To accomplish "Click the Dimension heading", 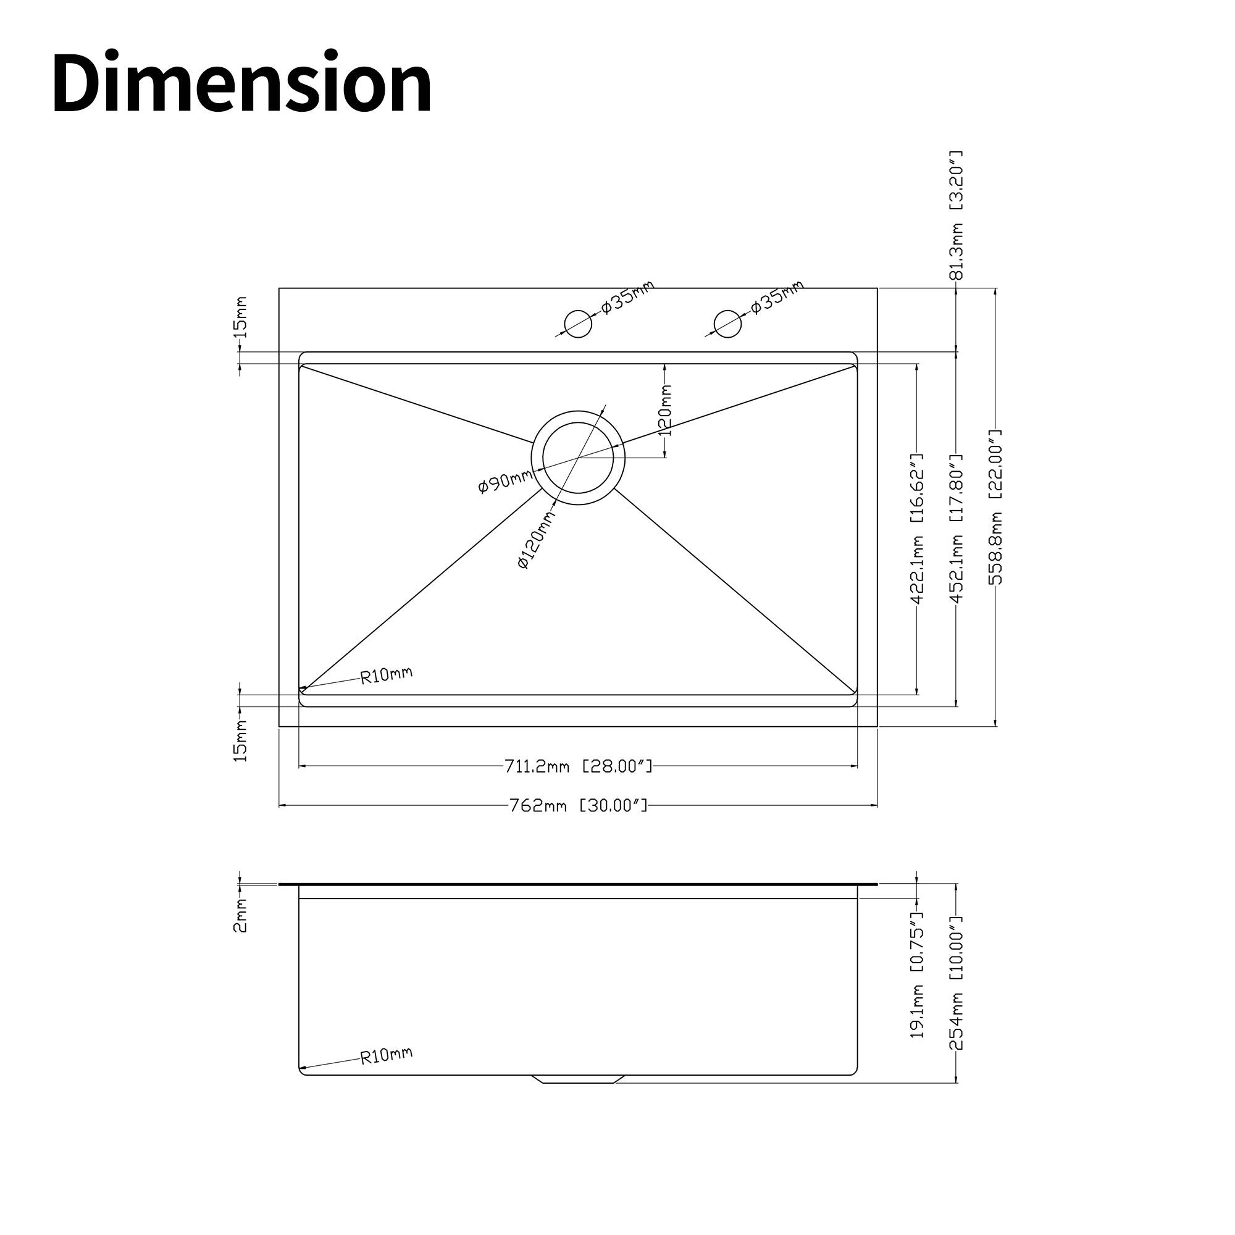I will [x=241, y=84].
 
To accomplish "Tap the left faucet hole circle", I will [x=578, y=324].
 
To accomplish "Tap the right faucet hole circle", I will [x=727, y=324].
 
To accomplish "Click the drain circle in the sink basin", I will [x=578, y=458].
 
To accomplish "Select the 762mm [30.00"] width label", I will [x=578, y=805].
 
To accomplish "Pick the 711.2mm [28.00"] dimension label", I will [x=578, y=766].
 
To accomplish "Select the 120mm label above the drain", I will [x=666, y=410].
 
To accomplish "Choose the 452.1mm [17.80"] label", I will [x=957, y=528].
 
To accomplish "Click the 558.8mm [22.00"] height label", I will [x=995, y=508].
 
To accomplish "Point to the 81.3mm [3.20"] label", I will [x=957, y=216].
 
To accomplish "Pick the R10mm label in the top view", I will [x=386, y=675].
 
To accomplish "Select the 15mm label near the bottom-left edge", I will [x=240, y=741].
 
